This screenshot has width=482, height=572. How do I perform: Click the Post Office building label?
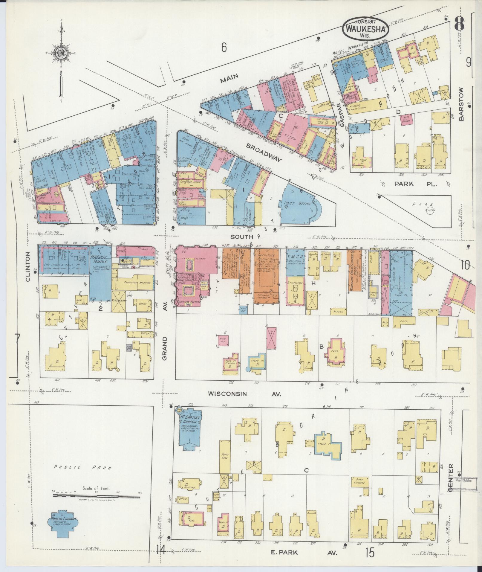point(297,203)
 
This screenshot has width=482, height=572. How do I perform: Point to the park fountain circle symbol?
point(430,210)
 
